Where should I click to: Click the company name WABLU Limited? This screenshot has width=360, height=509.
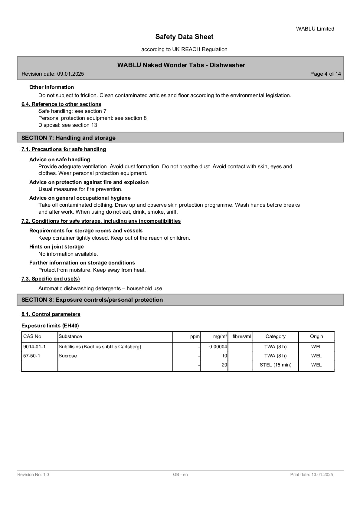click(315, 29)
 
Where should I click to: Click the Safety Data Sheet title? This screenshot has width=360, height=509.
click(184, 37)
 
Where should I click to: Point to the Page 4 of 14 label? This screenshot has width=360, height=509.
click(326, 74)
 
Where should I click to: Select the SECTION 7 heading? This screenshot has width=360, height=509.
click(68, 138)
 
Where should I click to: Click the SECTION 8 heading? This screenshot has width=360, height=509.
click(92, 300)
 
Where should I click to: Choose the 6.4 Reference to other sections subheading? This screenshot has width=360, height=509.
click(61, 104)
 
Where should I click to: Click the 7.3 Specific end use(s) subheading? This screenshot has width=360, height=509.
click(51, 279)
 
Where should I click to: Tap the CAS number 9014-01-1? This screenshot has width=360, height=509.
click(34, 347)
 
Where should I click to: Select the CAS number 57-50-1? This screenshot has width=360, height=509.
click(32, 356)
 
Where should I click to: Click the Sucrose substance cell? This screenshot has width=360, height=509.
click(68, 356)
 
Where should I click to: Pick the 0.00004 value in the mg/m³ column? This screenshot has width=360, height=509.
click(218, 347)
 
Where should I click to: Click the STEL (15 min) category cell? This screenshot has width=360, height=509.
click(275, 365)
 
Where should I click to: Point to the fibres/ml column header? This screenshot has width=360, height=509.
click(242, 337)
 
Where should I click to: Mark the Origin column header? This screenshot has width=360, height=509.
click(316, 337)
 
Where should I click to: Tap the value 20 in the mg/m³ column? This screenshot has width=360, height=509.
click(224, 365)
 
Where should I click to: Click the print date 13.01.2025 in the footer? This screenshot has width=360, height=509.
click(311, 475)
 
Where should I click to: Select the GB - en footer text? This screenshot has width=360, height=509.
click(180, 475)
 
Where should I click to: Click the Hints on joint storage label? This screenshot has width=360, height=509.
click(57, 247)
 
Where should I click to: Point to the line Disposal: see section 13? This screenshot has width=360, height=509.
click(68, 125)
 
